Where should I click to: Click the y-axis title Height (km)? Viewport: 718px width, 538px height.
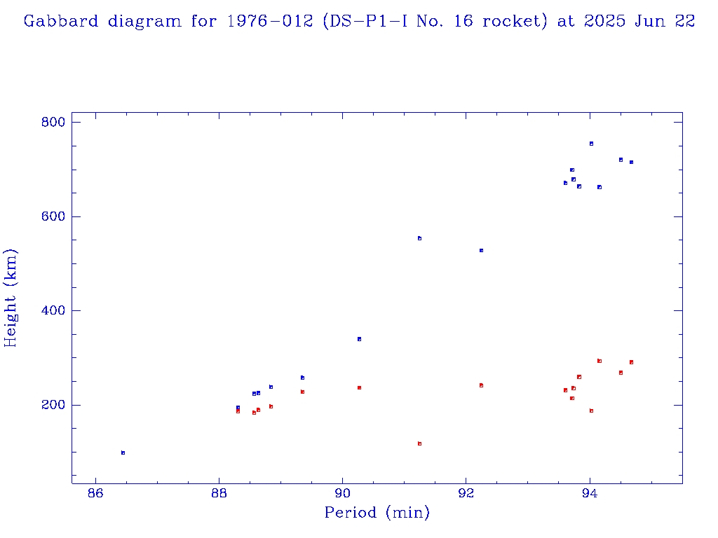[x=11, y=298]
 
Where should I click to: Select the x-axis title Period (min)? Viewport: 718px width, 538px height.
[x=377, y=513]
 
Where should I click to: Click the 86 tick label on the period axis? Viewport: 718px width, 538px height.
[x=95, y=495]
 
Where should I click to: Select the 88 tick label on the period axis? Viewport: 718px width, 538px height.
[x=219, y=495]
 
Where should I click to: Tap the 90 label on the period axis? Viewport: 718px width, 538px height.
[x=343, y=495]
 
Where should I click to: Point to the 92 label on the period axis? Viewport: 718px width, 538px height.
[x=466, y=495]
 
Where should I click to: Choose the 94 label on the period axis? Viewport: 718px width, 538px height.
[x=590, y=495]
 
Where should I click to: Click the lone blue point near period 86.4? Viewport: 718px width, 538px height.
[x=123, y=453]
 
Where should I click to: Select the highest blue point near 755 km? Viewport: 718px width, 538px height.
[x=591, y=144]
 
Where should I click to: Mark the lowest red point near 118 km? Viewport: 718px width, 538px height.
[x=419, y=443]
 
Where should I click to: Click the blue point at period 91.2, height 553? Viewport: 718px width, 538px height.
[x=419, y=238]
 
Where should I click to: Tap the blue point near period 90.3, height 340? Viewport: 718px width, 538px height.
[x=359, y=339]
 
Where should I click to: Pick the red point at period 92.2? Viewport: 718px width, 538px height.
[x=481, y=385]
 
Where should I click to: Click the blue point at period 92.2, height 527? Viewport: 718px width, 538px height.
[x=481, y=250]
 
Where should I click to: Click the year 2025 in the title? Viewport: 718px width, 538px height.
[x=601, y=22]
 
